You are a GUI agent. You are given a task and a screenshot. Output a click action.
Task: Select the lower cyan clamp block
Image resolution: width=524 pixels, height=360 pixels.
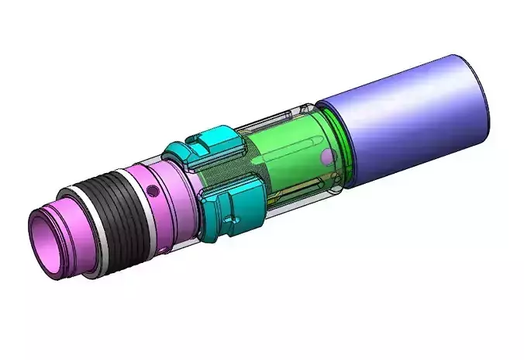click(233, 205)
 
